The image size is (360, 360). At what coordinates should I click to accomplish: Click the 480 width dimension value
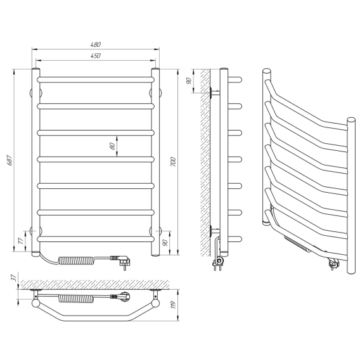(96, 44)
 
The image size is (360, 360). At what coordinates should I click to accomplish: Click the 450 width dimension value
(96, 56)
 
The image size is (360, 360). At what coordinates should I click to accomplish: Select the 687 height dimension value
(10, 160)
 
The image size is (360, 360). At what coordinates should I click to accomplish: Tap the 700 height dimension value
(173, 162)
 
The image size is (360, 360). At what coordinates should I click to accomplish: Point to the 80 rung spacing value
(112, 146)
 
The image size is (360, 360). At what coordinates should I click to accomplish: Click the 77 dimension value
(20, 241)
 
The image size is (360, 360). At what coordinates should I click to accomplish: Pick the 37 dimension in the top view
(14, 278)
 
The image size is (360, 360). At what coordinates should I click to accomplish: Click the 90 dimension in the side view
(189, 81)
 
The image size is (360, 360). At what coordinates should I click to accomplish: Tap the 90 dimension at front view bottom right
(165, 243)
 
